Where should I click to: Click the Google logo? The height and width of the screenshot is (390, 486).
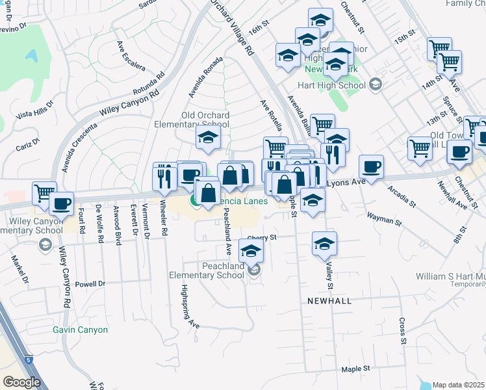tap(21, 382)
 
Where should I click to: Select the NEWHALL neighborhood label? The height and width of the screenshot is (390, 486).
tap(329, 301)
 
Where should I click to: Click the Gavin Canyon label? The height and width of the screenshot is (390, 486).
tap(81, 330)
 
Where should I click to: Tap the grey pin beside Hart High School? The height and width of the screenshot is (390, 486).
tap(376, 84)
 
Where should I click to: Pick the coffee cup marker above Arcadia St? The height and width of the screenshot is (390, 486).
tap(371, 166)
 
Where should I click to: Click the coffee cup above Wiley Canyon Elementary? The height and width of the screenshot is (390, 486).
tap(61, 203)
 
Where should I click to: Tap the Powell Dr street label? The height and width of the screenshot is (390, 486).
tap(90, 284)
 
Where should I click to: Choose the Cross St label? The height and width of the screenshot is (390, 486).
tap(403, 331)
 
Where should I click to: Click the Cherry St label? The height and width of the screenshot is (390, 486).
tap(262, 237)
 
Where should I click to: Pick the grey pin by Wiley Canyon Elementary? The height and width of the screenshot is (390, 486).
tap(45, 244)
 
